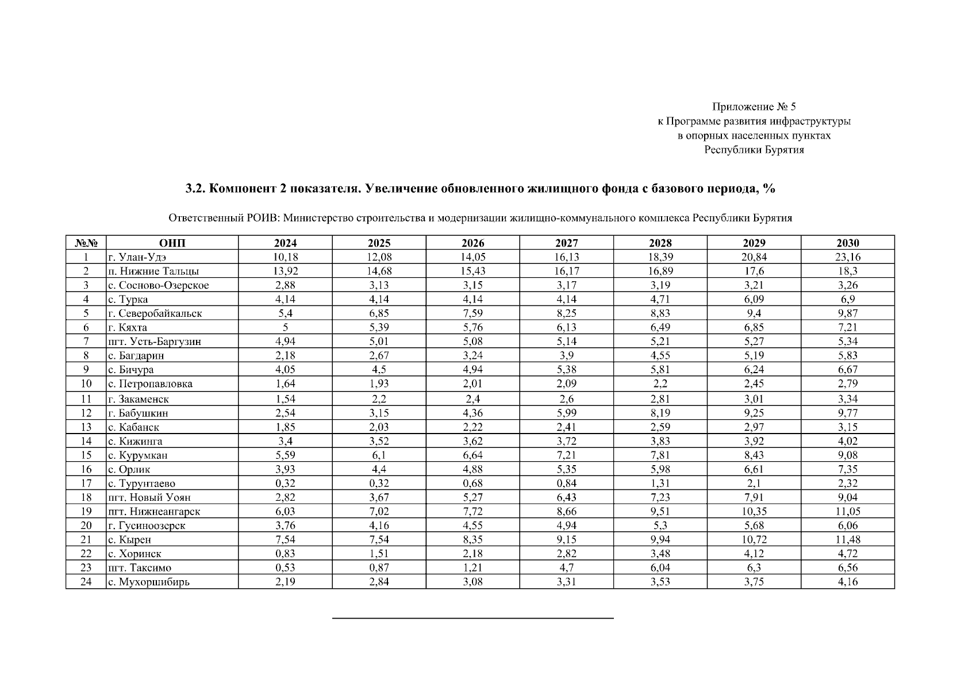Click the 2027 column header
[566, 243]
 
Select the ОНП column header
[172, 243]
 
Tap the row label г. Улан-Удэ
[137, 257]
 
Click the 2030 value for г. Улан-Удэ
[847, 257]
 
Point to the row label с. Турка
[128, 299]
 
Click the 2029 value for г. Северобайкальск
[754, 313]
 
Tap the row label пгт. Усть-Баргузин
[154, 342]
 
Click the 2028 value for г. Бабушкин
[660, 413]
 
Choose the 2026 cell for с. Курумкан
[472, 455]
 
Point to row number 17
[86, 483]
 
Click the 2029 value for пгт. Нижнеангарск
[754, 511]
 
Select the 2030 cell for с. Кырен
[847, 539]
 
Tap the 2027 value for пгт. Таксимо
[566, 568]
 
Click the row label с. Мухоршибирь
[148, 581]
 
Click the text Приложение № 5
[754, 106]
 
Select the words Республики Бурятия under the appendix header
[754, 150]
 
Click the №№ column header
[86, 243]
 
